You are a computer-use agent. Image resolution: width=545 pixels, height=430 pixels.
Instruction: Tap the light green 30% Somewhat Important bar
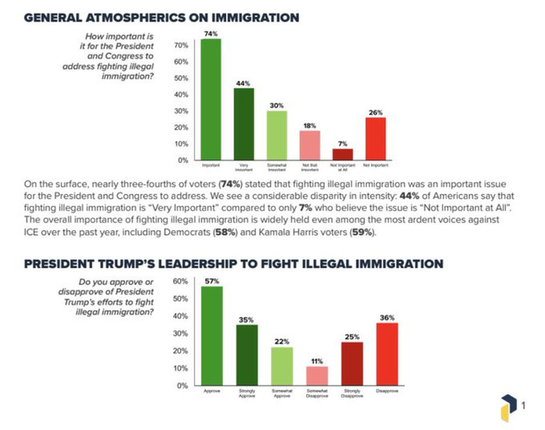pos(277,135)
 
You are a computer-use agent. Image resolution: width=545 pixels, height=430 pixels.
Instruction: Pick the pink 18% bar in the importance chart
pos(309,145)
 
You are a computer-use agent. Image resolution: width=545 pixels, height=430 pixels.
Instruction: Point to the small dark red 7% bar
pos(342,155)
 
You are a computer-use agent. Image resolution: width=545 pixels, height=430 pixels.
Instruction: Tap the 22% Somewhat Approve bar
pos(282,367)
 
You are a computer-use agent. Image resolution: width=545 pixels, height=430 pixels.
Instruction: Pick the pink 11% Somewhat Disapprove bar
pos(318,376)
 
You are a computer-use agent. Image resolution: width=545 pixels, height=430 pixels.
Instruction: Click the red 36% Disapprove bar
pos(387,354)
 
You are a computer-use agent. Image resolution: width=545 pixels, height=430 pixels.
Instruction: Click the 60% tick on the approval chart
pos(181,281)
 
